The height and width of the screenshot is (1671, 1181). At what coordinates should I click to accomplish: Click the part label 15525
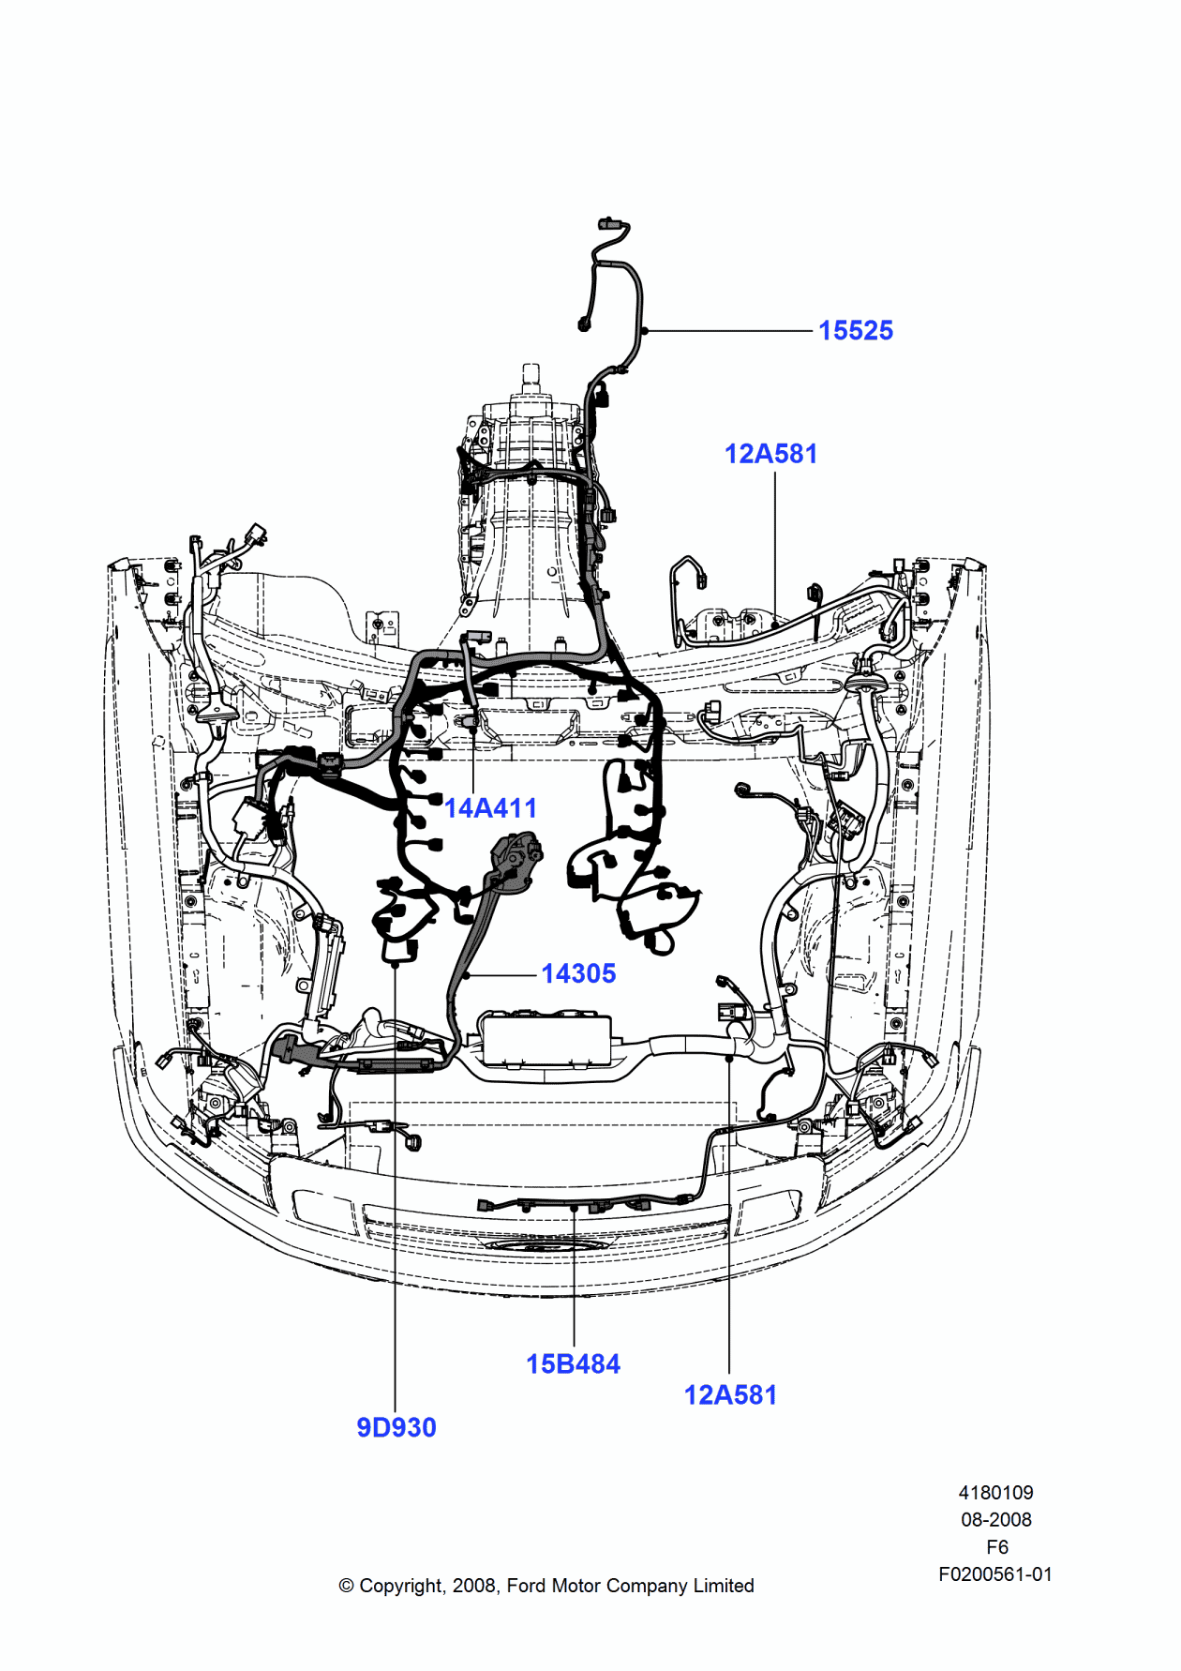point(855,330)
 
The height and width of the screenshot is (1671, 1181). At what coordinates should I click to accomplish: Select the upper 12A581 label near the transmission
point(770,454)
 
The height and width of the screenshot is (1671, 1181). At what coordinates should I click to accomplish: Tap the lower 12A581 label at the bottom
point(730,1394)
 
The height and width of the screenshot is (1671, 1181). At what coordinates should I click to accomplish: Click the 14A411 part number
point(490,807)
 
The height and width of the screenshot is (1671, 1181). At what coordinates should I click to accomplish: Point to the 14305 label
point(578,973)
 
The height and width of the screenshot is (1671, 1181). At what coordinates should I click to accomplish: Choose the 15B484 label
point(573,1363)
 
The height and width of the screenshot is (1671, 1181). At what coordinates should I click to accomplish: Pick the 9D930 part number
point(396,1427)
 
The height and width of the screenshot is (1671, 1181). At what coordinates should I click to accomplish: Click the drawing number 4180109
point(995,1492)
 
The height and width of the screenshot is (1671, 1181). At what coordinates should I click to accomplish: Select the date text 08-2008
point(995,1519)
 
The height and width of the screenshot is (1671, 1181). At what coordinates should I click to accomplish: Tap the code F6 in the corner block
point(996,1546)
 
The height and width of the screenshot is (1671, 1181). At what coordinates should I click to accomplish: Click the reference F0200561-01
point(995,1574)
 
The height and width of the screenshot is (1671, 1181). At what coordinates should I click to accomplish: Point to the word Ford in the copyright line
point(526,1586)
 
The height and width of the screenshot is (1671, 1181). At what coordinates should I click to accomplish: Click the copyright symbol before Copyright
point(346,1586)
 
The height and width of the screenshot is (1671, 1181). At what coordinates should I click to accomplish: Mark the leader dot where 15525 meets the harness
point(645,331)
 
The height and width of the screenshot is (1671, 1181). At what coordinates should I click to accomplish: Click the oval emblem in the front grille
point(546,1245)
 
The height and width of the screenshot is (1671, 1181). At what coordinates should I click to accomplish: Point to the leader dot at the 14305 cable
point(466,975)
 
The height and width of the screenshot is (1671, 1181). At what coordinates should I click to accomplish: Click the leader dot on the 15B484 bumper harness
point(574,1210)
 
